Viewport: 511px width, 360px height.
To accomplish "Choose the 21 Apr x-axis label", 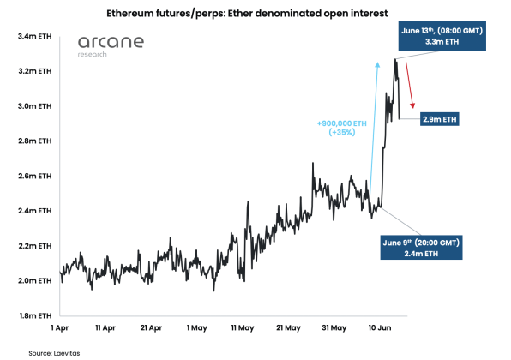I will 150,328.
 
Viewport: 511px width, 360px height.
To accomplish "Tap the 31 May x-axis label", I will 333,328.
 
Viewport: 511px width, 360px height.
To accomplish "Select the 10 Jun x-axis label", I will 378,328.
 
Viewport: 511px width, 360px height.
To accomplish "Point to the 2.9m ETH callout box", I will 439,120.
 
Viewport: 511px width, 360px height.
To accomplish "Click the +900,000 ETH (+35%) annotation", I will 342,129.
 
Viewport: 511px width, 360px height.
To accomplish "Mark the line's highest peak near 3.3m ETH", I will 395,59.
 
